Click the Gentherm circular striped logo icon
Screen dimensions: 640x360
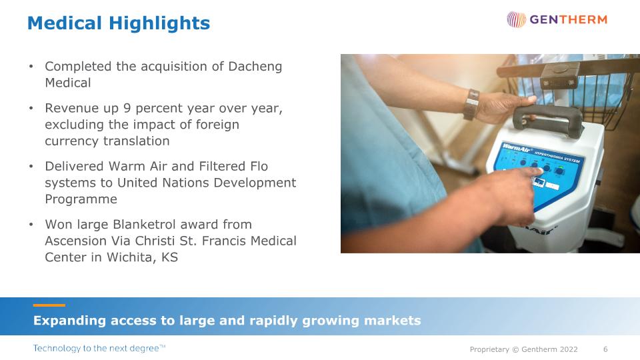coord(516,19)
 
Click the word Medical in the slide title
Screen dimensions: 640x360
coord(65,23)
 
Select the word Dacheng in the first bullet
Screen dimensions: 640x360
coord(255,67)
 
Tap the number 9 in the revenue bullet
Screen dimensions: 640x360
coord(127,108)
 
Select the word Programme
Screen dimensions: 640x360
coord(81,199)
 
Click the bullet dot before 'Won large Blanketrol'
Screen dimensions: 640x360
coord(31,225)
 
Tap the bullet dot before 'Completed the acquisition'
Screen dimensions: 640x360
coord(31,67)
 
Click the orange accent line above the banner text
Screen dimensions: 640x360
coord(49,305)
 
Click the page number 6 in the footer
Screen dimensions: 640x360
coord(605,349)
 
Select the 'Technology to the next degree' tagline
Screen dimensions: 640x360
coord(99,348)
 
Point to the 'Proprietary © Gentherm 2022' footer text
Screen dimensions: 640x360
coord(524,349)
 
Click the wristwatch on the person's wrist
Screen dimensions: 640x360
coord(471,105)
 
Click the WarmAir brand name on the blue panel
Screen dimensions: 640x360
coord(516,148)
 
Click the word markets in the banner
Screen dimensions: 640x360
coord(392,321)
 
